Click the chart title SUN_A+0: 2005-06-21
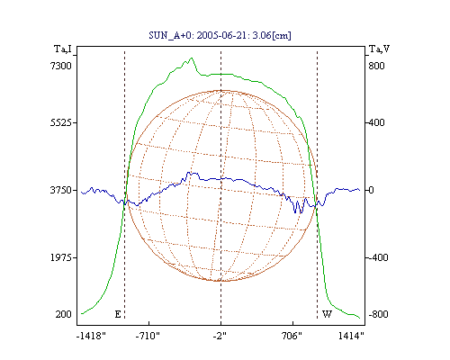click(x=199, y=36)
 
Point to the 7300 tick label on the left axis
click(x=61, y=66)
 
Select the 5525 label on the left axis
click(x=61, y=122)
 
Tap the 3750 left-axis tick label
click(x=61, y=190)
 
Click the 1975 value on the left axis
click(x=61, y=257)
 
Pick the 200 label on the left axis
click(x=63, y=314)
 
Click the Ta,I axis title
click(x=63, y=49)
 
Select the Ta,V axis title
click(x=379, y=49)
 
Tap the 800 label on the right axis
click(x=376, y=66)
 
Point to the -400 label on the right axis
click(x=378, y=257)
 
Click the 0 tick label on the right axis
click(x=372, y=190)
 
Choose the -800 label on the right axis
click(x=378, y=314)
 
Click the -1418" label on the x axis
click(x=91, y=336)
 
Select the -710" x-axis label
click(x=148, y=336)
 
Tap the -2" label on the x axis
click(x=220, y=336)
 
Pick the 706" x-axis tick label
click(x=292, y=336)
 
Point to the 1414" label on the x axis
click(x=351, y=336)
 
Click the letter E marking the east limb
click(x=118, y=314)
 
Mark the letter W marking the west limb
click(x=327, y=314)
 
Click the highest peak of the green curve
click(x=192, y=58)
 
